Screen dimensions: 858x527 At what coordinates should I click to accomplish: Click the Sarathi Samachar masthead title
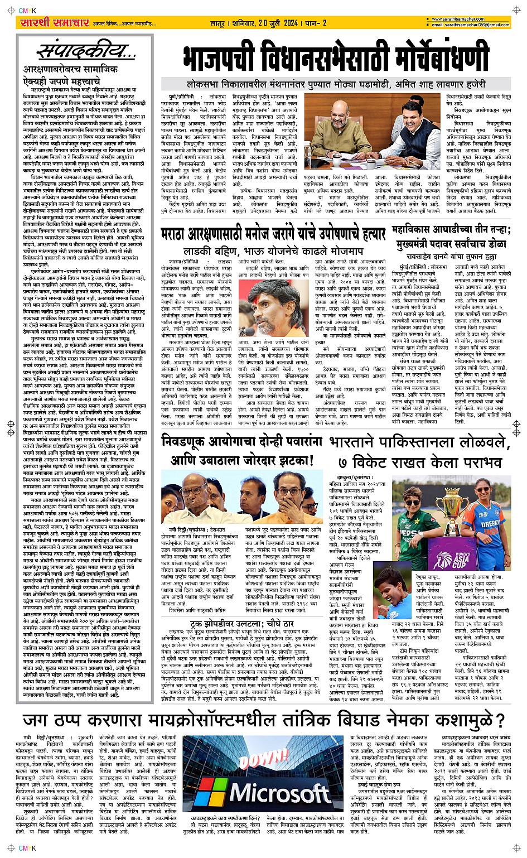click(55, 23)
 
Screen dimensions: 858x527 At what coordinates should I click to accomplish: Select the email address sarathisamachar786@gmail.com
click(472, 25)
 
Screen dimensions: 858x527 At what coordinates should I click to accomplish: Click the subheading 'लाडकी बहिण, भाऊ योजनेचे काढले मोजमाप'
click(271, 251)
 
